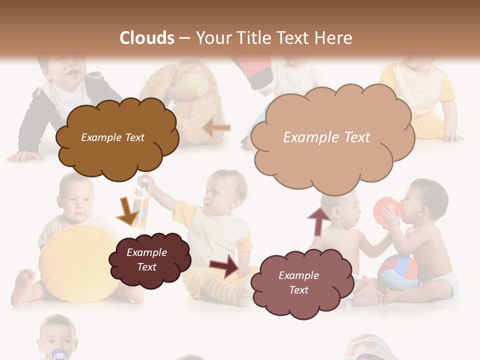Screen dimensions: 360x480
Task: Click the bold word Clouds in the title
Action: coord(147,38)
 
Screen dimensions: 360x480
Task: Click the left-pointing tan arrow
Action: coord(217,128)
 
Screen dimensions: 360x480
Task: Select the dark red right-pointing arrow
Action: coord(226,265)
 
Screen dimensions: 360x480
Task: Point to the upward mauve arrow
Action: coord(319,220)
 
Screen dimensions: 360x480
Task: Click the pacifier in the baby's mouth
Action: coord(58,353)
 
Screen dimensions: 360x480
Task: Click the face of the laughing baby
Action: coord(66,70)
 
